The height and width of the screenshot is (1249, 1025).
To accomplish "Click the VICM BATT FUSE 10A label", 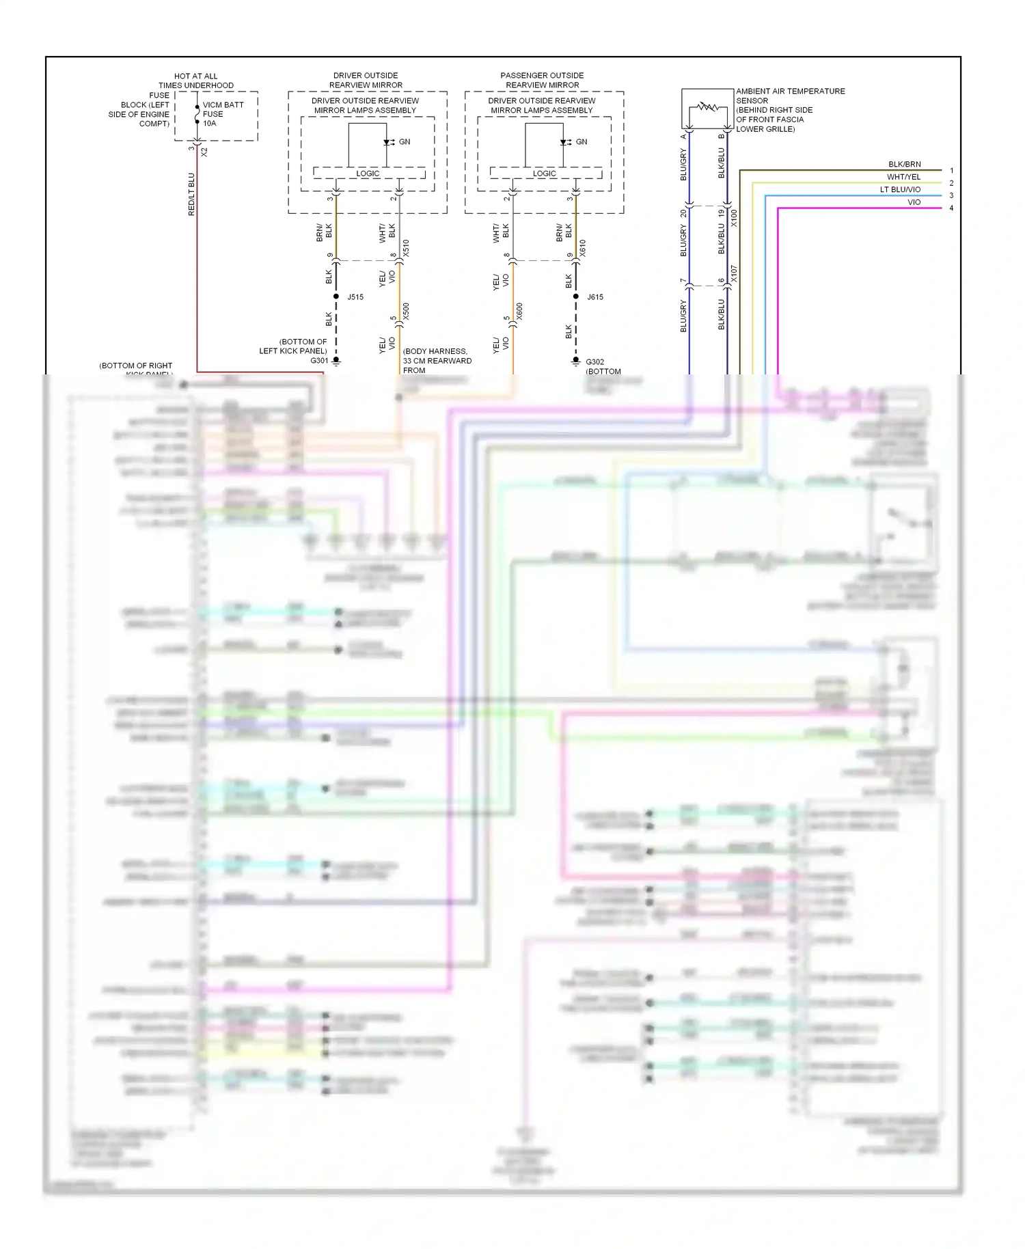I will pos(222,114).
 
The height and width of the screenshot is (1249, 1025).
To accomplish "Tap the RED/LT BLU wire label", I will pos(191,195).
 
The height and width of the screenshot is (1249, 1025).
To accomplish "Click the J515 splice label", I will pos(355,297).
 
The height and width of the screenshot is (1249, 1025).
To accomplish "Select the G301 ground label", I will pos(319,361).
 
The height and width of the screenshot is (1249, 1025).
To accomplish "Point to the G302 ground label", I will pos(594,362).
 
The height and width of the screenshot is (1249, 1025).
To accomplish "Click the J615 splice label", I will pos(595,297).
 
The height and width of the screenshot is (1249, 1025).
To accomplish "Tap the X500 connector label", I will pos(406,312).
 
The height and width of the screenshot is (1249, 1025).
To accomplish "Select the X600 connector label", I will pos(519,312).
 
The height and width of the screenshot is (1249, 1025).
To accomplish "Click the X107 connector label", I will pos(735,275).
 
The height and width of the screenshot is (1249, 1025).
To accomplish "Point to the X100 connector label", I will pos(735,218).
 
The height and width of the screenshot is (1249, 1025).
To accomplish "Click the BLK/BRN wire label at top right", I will pos(904,165).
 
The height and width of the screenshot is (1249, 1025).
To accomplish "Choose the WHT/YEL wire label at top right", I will pos(903,177).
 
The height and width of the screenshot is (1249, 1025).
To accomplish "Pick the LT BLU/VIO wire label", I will pos(900,190).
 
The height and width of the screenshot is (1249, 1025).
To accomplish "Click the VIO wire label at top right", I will pos(914,202).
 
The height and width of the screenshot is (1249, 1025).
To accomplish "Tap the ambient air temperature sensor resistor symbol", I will pos(707,108).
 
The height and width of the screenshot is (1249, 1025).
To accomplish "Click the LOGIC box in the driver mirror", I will pos(368,174).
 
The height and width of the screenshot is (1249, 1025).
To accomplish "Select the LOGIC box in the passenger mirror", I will pos(545,174).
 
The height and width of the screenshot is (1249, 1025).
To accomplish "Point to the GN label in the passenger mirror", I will pos(582,142).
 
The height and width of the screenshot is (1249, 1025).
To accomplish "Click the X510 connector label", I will pos(406,248).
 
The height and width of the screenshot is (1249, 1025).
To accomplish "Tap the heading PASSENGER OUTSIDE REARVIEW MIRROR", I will pos(542,80).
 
